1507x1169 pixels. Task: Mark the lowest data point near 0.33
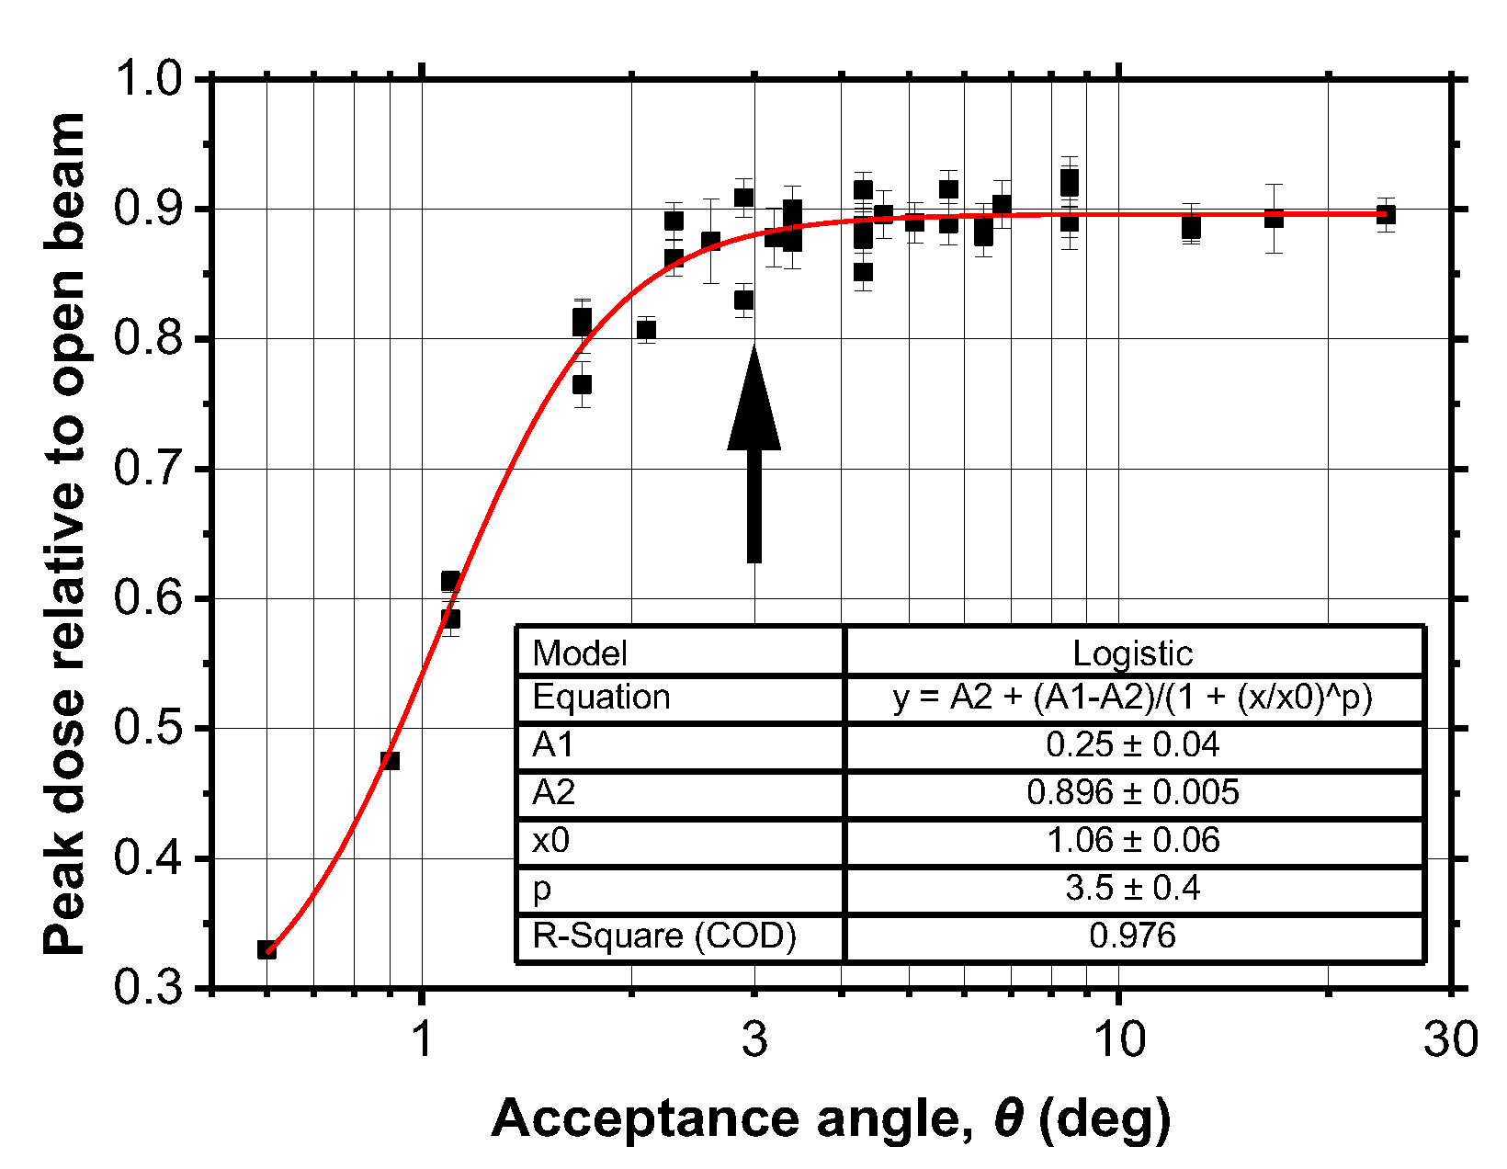(266, 949)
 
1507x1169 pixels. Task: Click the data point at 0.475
(390, 760)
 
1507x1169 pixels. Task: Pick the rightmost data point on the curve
(1386, 214)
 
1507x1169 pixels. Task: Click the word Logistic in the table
(1132, 653)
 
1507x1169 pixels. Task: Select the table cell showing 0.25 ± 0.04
(1132, 744)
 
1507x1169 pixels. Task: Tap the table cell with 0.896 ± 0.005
(1132, 792)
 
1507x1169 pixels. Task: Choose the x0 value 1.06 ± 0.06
(1132, 840)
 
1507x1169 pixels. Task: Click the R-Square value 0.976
(1132, 936)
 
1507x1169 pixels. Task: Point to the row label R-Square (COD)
(663, 936)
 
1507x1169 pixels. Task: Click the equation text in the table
(1132, 698)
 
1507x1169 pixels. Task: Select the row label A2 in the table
(553, 792)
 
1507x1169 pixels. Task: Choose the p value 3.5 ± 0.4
(1132, 888)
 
